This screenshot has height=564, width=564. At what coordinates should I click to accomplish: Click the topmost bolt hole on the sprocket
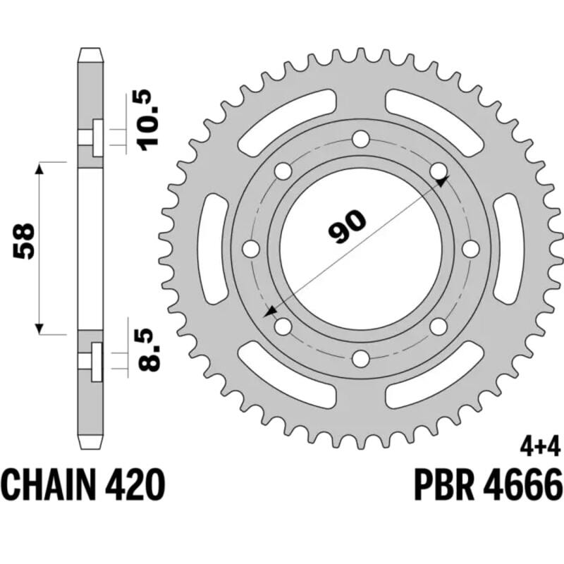(x=360, y=138)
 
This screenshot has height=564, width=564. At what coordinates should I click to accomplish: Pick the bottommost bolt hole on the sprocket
(x=360, y=359)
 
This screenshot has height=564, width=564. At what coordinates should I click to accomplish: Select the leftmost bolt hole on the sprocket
(x=250, y=248)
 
